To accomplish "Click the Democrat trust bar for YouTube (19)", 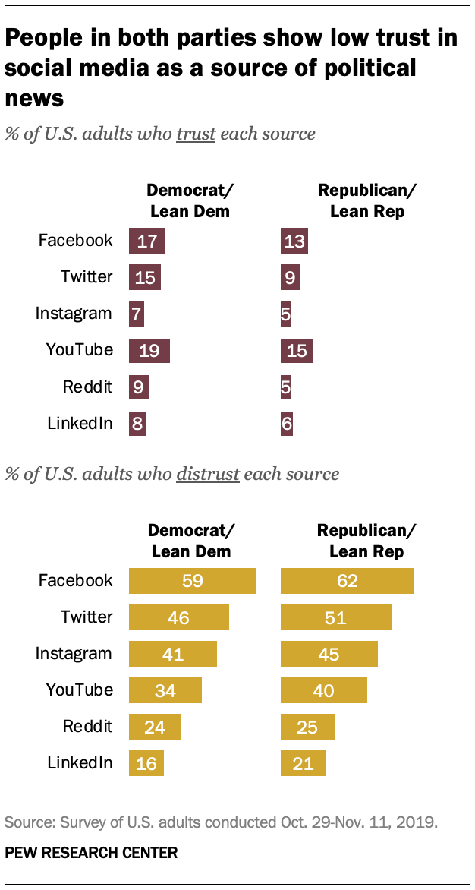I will point(149,350).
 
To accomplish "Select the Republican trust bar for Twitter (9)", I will point(291,277).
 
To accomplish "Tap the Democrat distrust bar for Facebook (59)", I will point(193,581).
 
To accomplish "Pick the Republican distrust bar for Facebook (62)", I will point(348,581).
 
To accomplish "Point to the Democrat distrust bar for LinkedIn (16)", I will point(146,763).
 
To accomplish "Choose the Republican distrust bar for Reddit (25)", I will point(308,727).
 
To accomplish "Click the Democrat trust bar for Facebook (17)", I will point(147,241).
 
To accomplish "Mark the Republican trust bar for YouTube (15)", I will point(297,350).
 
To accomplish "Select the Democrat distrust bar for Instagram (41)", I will point(173,654).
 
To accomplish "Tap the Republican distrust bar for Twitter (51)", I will point(336,617).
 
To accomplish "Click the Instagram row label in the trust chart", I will point(74,313).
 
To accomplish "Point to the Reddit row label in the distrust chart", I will point(87,726).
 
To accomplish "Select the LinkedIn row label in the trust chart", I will point(80,423).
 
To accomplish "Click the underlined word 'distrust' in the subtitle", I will point(207,474).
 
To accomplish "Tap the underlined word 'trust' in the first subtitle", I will point(196,134).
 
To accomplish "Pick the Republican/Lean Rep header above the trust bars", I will point(367,200).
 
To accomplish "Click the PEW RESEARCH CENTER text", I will point(91,853).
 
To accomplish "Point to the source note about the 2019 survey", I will point(221,822).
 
